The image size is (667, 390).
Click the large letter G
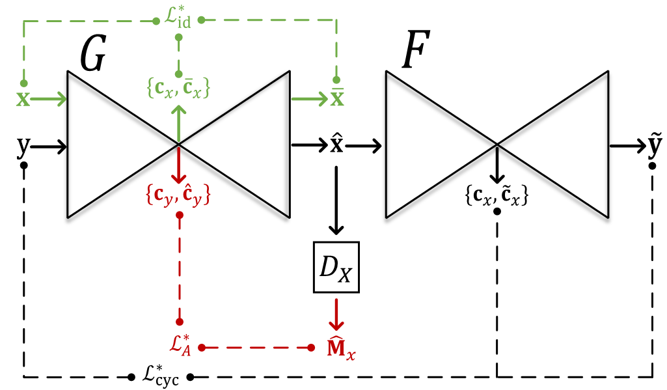[93, 54]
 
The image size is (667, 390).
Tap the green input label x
[23, 100]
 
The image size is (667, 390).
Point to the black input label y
[23, 147]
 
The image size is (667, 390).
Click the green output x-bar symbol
[336, 99]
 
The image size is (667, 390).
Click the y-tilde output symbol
[653, 147]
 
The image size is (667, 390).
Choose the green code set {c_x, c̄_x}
[178, 88]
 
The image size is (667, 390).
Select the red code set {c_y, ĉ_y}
[178, 194]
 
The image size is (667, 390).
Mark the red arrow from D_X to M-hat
[336, 314]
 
